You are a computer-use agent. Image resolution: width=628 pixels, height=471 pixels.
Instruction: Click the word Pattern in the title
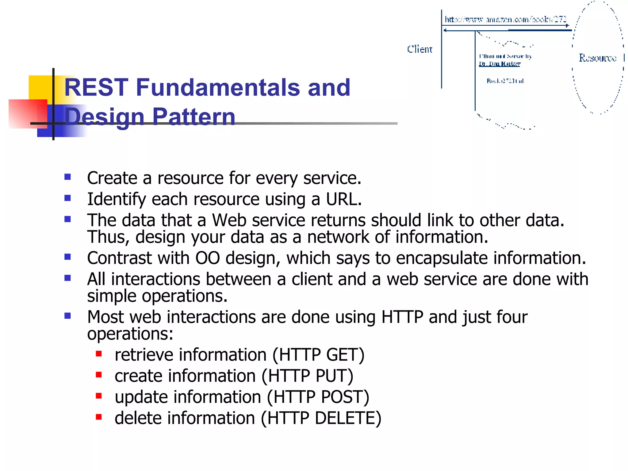[x=193, y=117]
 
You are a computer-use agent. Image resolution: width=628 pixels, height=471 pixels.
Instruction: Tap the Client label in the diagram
[x=419, y=49]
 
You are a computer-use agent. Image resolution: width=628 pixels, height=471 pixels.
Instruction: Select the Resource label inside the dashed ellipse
[x=597, y=58]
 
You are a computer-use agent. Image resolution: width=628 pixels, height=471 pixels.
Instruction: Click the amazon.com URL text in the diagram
[x=505, y=20]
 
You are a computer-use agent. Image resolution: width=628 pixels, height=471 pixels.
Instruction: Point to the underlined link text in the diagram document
[x=500, y=64]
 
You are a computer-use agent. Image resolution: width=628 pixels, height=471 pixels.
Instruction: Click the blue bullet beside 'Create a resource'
[x=68, y=177]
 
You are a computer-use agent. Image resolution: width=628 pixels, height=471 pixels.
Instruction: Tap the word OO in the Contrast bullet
[x=208, y=258]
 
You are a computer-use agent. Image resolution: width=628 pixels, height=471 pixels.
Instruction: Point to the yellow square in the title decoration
[x=40, y=87]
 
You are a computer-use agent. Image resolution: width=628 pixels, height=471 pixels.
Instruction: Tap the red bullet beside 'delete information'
[x=99, y=417]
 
